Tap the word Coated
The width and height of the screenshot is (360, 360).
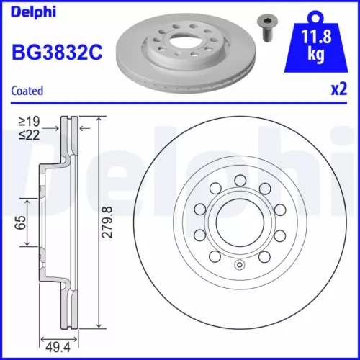[27, 91]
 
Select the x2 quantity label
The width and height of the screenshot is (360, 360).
[338, 91]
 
